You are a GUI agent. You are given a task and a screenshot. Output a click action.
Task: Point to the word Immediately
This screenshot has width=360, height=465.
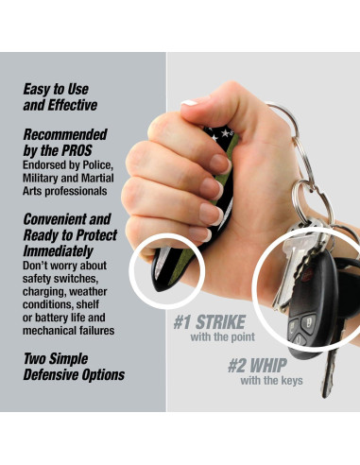pos(58,252)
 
